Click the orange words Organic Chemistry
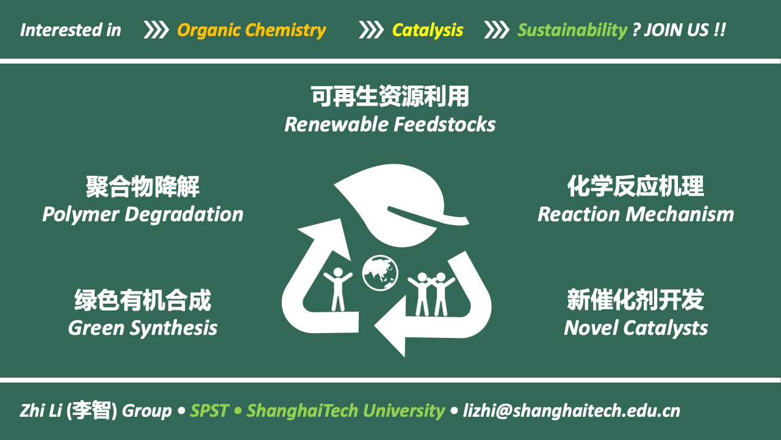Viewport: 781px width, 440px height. tap(252, 31)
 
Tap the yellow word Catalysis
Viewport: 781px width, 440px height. tap(428, 31)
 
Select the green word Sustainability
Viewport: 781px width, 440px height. tap(572, 31)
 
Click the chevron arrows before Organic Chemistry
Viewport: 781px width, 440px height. tap(156, 30)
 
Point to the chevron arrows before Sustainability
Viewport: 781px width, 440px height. tap(497, 30)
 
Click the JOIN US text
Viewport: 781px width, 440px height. tap(677, 30)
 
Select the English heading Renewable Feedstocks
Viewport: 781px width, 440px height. tap(390, 125)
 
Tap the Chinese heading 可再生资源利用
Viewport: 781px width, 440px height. tap(390, 96)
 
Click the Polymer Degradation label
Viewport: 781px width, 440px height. tap(143, 215)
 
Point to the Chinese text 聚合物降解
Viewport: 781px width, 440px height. tap(143, 186)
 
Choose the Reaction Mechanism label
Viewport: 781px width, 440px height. tap(636, 215)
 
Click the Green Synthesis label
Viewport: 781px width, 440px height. tap(143, 328)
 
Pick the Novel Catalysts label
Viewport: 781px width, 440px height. tap(636, 328)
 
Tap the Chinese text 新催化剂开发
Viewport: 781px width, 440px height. tap(636, 300)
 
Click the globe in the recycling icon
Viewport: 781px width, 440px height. tap(380, 273)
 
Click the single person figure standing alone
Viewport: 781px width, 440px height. tap(338, 289)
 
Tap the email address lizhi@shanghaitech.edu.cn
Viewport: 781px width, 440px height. tap(572, 411)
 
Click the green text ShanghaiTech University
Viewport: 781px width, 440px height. tap(345, 411)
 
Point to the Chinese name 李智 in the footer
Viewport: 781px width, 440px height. tap(92, 410)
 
